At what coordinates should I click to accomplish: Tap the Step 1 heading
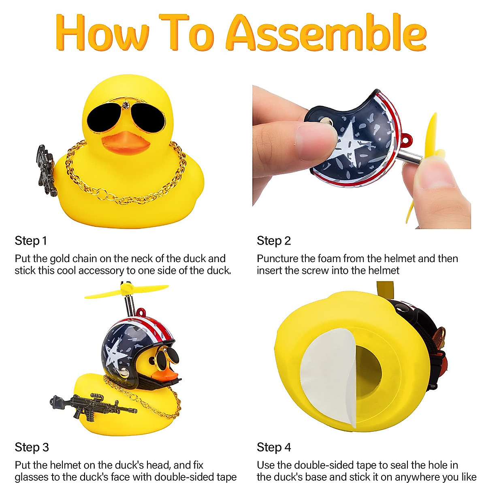pyautogui.click(x=31, y=241)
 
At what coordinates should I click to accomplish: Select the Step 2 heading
pyautogui.click(x=274, y=241)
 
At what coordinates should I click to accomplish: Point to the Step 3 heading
pyautogui.click(x=32, y=448)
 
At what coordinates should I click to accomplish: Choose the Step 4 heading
pyautogui.click(x=274, y=448)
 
